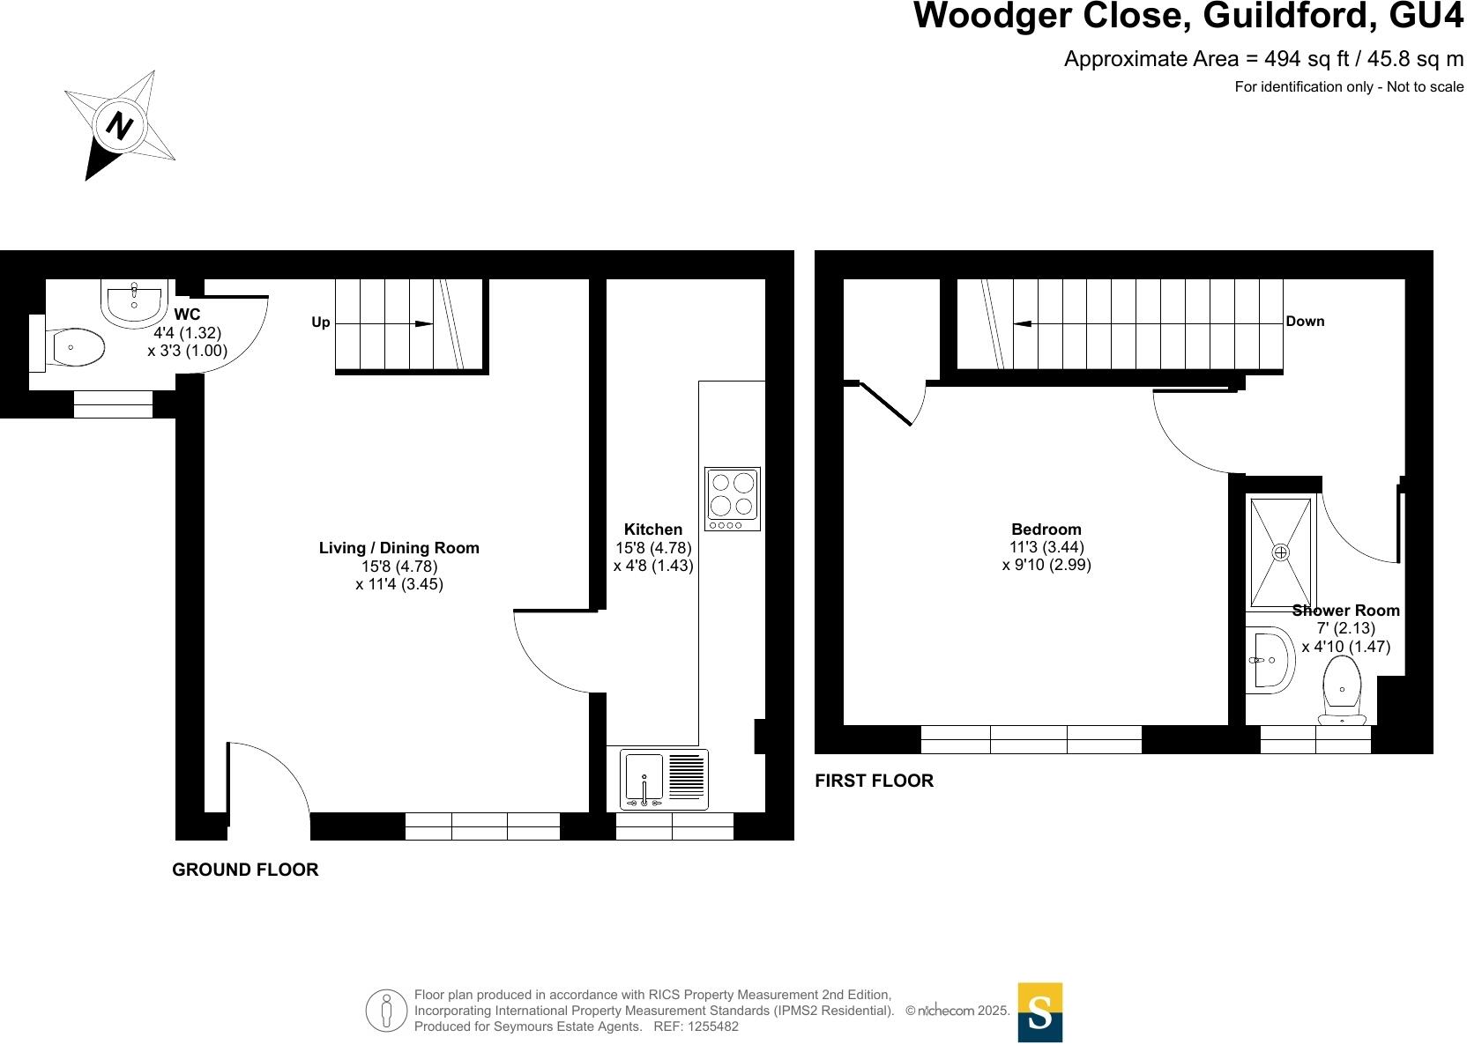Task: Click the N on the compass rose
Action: pos(119,126)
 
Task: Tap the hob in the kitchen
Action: pos(732,499)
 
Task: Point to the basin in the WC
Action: pos(134,302)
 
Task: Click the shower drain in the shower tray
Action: pos(1280,552)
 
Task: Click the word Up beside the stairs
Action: pos(321,322)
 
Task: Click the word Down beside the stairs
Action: pos(1305,322)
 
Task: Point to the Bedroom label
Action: pos(1046,530)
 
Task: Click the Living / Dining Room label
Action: pos(398,548)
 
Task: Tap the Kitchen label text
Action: pos(652,530)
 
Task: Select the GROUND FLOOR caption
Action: pos(245,870)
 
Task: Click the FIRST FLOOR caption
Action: pos(874,781)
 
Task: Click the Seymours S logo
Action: pos(1039,1011)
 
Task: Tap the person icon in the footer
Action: pos(387,1011)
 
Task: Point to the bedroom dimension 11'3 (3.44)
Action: pos(1046,547)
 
